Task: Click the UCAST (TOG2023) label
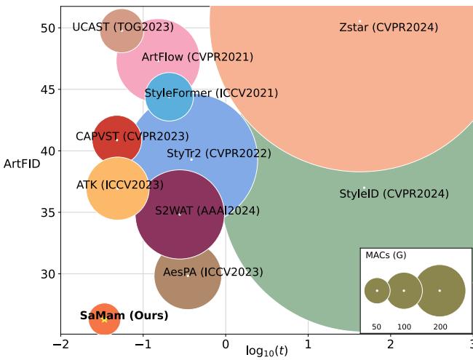pyautogui.click(x=123, y=28)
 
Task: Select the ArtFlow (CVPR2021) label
pyautogui.click(x=197, y=57)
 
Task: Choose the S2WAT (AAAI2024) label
pyautogui.click(x=207, y=211)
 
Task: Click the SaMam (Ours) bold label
pyautogui.click(x=124, y=316)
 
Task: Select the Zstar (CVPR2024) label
pyautogui.click(x=389, y=28)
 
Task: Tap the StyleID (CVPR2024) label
pyautogui.click(x=394, y=194)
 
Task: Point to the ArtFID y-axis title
pyautogui.click(x=22, y=164)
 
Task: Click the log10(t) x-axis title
pyautogui.click(x=267, y=351)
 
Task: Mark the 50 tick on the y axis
pyautogui.click(x=48, y=28)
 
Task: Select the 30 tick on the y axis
pyautogui.click(x=48, y=274)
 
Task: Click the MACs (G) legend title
pyautogui.click(x=386, y=255)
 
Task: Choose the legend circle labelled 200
pyautogui.click(x=440, y=290)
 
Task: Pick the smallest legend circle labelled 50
pyautogui.click(x=377, y=291)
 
